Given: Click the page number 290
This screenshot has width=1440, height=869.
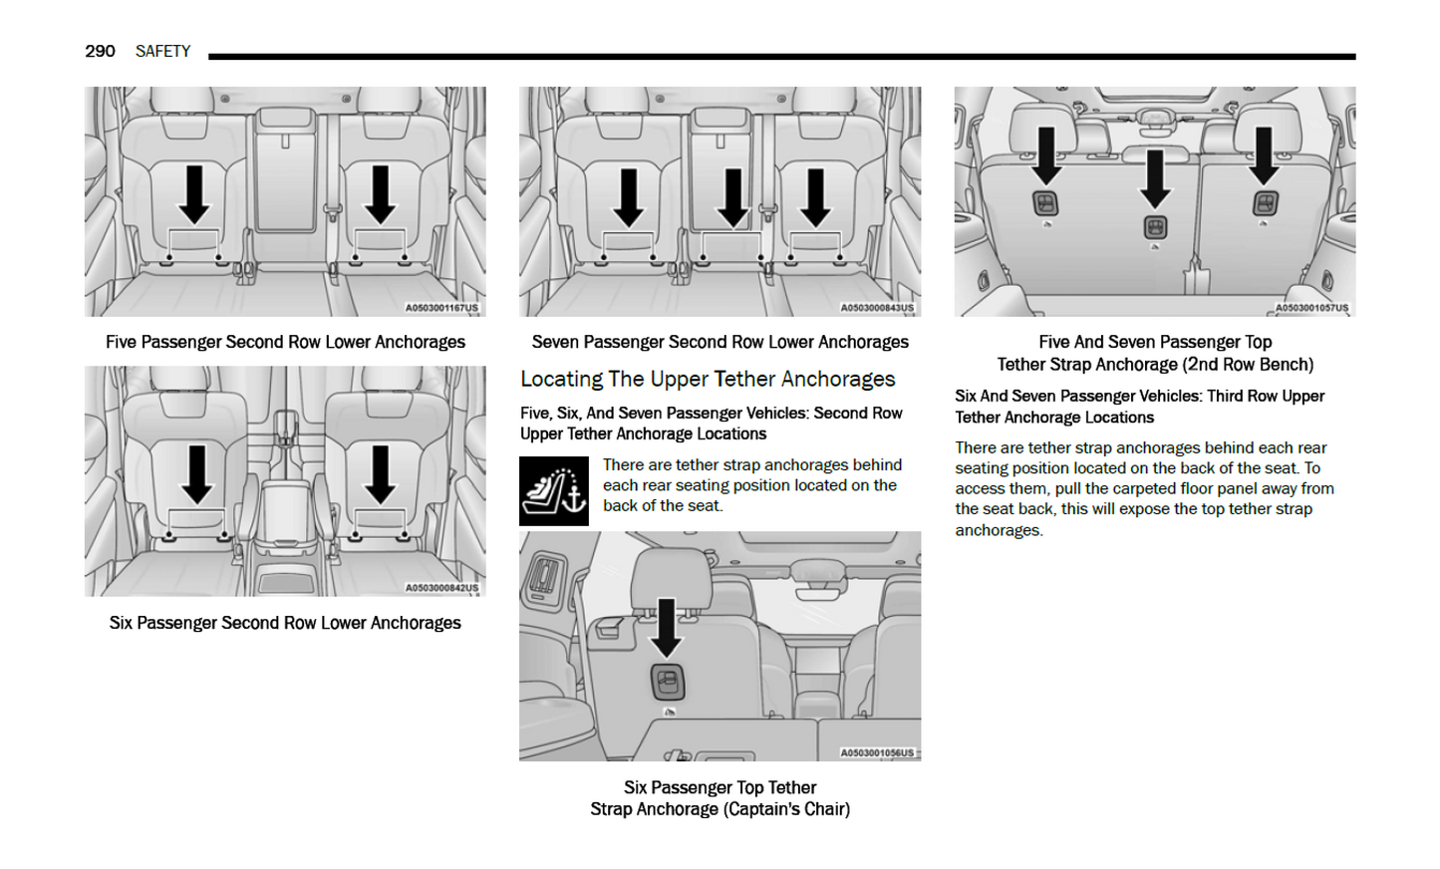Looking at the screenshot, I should [100, 51].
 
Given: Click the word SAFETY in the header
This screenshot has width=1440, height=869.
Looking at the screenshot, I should [162, 51].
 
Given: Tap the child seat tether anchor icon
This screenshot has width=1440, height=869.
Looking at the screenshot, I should [553, 490].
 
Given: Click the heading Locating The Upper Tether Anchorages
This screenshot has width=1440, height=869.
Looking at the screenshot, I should [708, 379].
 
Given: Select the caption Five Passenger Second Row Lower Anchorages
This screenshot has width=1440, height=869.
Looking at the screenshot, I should [285, 342].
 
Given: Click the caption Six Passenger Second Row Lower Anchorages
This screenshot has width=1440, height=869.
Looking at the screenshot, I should [285, 623].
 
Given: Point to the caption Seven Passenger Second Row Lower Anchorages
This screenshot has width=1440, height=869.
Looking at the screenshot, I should [720, 342].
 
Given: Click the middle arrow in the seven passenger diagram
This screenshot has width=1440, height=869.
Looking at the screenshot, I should [733, 197].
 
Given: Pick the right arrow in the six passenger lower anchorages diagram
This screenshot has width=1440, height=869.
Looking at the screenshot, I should [380, 473].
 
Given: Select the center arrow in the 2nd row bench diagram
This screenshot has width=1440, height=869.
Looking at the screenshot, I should [1155, 178].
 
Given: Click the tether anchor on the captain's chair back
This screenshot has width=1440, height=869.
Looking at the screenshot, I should [667, 682].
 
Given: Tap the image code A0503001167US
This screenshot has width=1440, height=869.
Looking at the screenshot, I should [441, 308].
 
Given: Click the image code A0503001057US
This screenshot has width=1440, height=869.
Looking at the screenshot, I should [1311, 308].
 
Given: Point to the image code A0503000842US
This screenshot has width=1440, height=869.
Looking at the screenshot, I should [441, 588].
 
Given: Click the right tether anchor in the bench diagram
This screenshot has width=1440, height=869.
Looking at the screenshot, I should [1264, 204].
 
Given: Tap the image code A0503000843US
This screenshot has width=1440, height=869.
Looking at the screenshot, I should [876, 308].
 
